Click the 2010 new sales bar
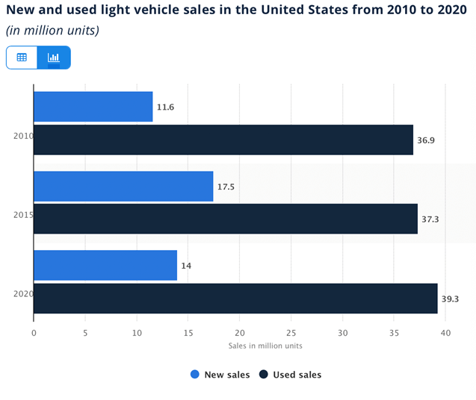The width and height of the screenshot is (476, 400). click(x=93, y=107)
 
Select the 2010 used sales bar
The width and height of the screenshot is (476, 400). click(x=223, y=140)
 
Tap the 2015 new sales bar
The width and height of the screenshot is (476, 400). click(x=123, y=186)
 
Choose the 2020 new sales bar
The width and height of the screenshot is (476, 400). click(x=105, y=265)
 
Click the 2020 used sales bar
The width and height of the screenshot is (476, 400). click(x=235, y=299)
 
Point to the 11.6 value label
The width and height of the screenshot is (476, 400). click(x=164, y=107)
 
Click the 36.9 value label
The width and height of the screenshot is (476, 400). click(x=425, y=140)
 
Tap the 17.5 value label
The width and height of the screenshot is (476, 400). click(x=226, y=187)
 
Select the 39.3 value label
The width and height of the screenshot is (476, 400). click(x=450, y=299)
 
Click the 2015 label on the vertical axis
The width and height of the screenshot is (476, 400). click(x=22, y=215)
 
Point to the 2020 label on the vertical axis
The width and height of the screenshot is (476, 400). click(x=22, y=294)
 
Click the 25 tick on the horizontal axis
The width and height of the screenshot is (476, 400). click(x=291, y=333)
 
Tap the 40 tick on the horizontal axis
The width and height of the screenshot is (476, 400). click(x=445, y=333)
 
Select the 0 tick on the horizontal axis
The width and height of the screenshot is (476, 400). click(x=34, y=333)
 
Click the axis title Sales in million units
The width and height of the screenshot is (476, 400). click(x=265, y=346)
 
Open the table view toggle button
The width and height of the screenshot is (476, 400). click(x=22, y=57)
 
